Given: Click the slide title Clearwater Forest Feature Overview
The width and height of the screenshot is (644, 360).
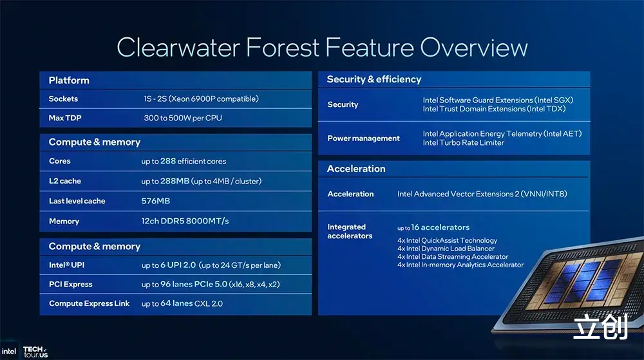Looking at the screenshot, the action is [322, 47].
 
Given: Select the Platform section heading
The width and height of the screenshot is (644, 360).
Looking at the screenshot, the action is [69, 80].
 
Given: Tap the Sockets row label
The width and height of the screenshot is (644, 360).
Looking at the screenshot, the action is [63, 99].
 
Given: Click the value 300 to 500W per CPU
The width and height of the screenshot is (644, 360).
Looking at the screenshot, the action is [183, 118].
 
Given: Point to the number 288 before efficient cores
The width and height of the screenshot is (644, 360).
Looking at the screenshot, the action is [168, 161].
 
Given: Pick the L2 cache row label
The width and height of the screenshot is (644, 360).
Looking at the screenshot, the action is [65, 180].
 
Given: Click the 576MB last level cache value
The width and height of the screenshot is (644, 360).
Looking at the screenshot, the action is [156, 201].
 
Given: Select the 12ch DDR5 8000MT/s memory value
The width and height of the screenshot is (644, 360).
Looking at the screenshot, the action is [185, 221].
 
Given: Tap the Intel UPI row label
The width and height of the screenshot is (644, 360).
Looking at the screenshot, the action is [66, 265].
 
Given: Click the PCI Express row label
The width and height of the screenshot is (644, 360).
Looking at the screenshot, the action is [71, 284].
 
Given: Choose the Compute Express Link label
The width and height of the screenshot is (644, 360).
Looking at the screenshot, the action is [89, 303].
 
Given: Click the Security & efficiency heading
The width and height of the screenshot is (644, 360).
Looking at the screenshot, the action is [374, 79].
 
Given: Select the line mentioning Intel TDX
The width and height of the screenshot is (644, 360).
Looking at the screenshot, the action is [494, 109].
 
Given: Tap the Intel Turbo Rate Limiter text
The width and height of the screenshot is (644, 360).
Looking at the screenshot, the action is [463, 142].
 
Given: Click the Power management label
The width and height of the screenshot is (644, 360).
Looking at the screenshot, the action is [363, 138].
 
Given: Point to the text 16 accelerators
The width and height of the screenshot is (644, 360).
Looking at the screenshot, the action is [440, 227].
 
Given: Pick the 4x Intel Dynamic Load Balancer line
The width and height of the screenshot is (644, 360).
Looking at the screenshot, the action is [446, 249].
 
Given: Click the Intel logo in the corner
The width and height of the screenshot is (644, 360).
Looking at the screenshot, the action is [8, 352].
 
